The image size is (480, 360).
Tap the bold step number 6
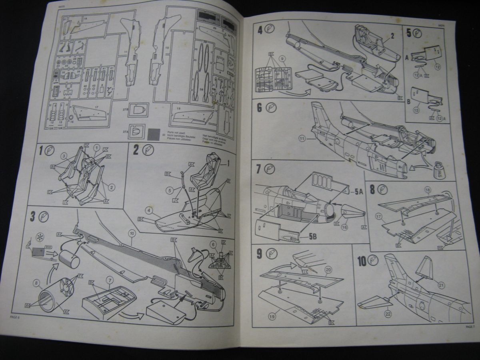point(260,108)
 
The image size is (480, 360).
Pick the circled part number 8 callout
point(38,285)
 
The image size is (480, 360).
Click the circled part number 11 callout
point(302,139)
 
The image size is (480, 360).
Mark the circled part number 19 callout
point(272,317)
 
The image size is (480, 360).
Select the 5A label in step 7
point(359,192)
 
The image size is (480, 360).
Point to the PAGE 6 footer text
point(16,317)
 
